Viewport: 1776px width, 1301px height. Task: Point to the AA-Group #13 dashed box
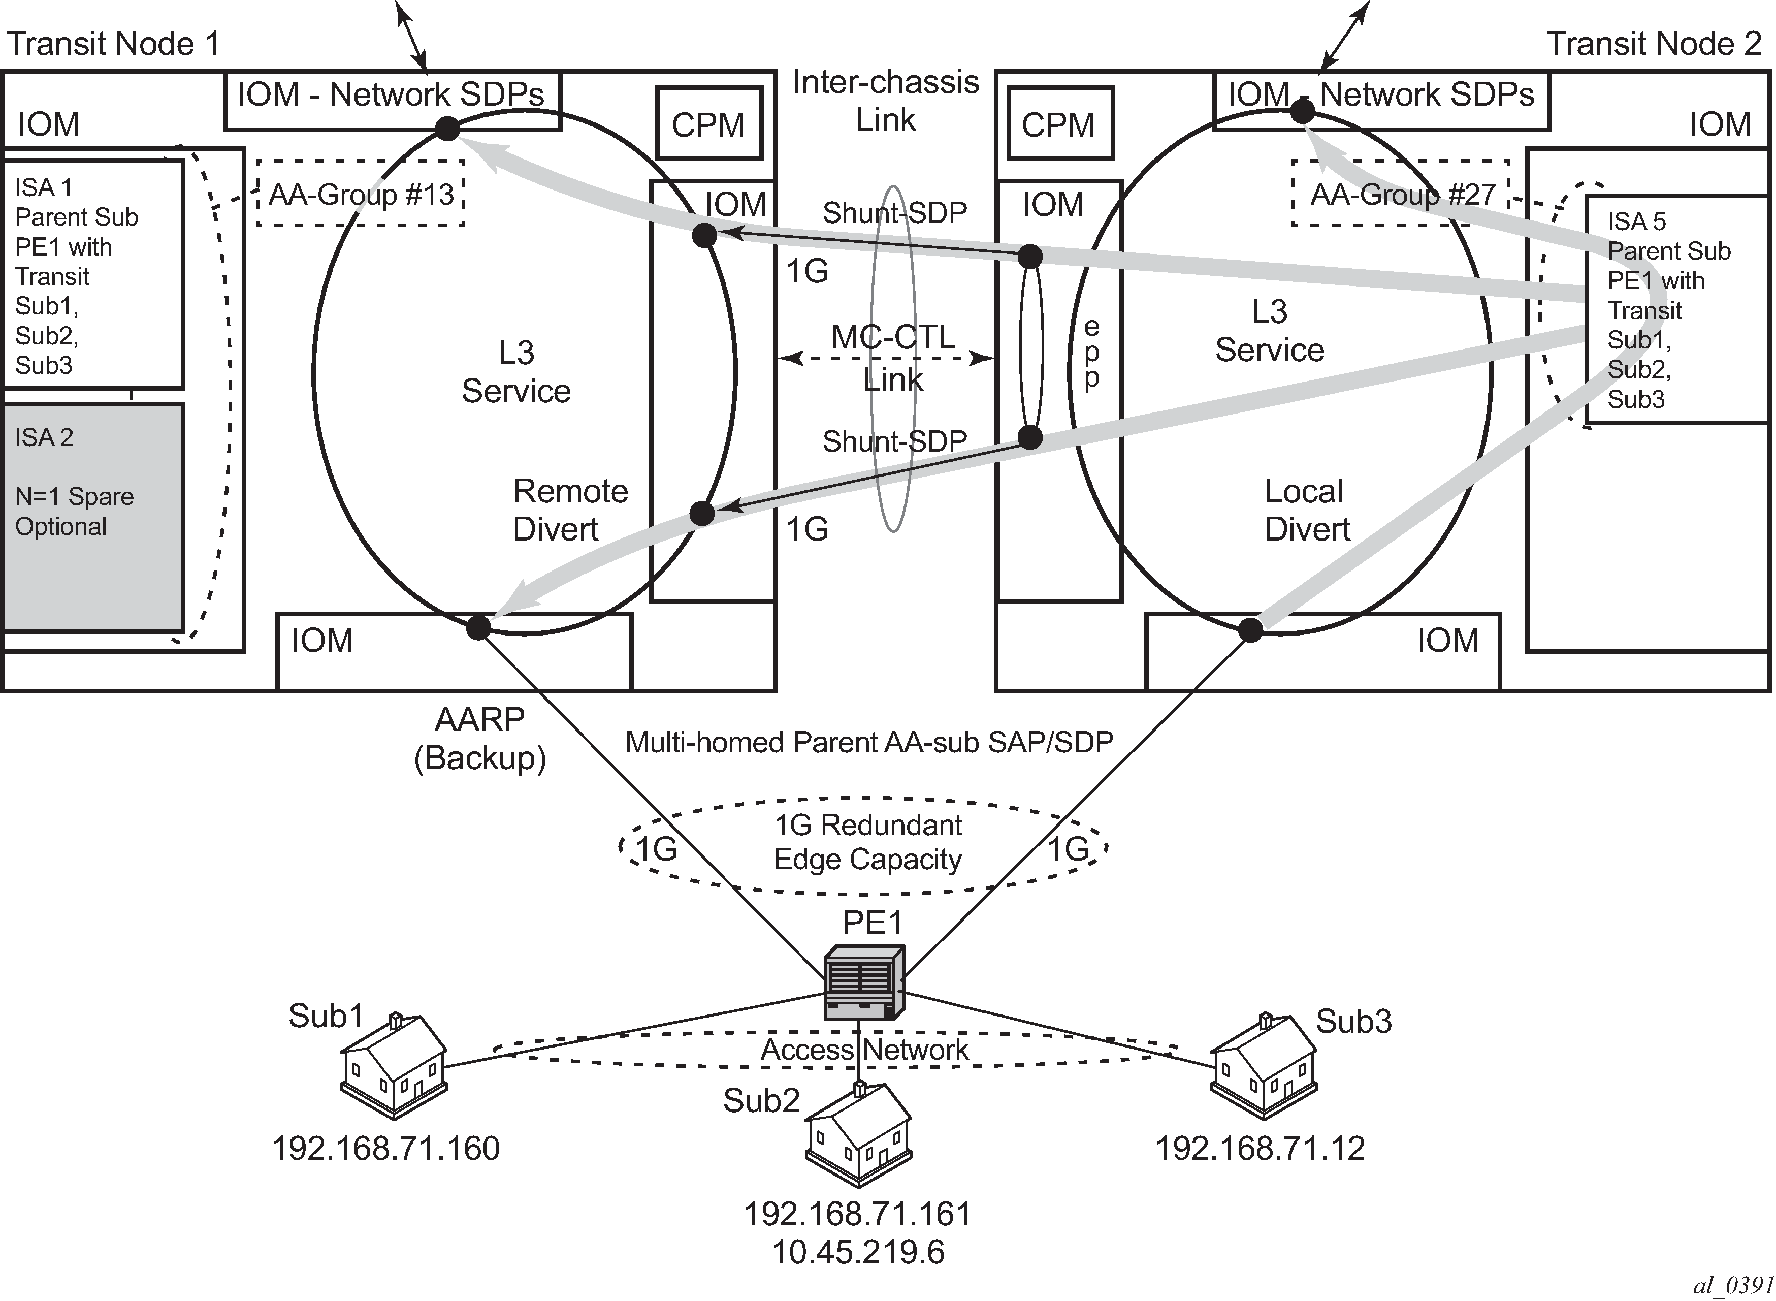tap(361, 194)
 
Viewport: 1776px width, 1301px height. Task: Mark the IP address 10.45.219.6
tap(858, 1252)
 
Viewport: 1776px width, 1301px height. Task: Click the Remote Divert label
tap(571, 510)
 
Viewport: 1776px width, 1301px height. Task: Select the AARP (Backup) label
tap(480, 739)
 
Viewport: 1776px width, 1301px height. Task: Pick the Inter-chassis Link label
tap(886, 101)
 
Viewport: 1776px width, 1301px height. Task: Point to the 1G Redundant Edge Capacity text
tap(867, 842)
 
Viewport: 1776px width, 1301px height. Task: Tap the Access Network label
tap(864, 1049)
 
